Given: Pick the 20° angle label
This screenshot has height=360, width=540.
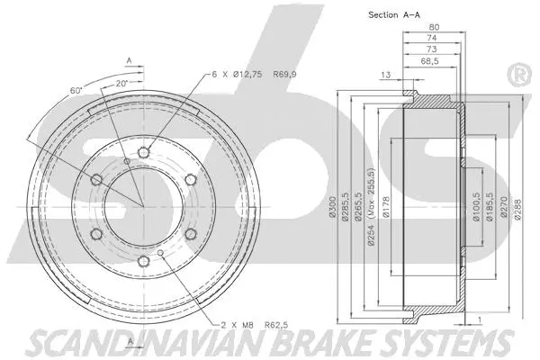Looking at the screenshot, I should [x=120, y=82].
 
